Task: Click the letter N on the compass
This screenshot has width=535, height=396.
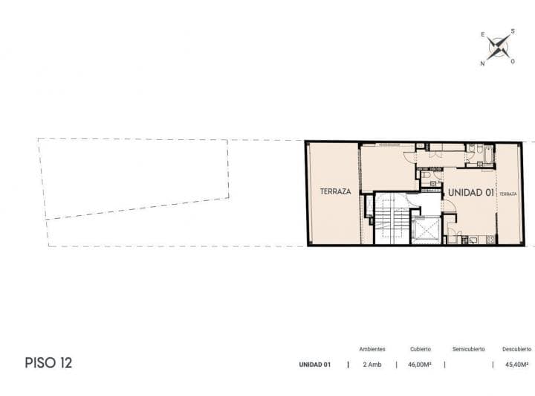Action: tap(482, 63)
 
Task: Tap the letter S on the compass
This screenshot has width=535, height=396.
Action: tap(513, 31)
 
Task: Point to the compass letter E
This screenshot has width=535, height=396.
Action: tap(483, 34)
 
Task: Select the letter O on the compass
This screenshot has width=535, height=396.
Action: tap(513, 62)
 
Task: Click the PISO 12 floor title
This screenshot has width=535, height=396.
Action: tap(48, 363)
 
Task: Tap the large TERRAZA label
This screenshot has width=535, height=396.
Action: tap(335, 191)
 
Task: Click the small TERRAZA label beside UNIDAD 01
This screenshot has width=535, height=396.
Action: tap(508, 194)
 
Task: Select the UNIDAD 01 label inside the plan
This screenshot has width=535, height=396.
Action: tap(471, 193)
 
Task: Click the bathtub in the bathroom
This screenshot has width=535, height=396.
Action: tap(489, 155)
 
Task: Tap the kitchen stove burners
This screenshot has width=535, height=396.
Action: tap(490, 240)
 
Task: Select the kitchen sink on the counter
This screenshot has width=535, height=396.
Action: tap(474, 240)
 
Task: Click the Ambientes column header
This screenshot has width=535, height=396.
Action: tap(372, 349)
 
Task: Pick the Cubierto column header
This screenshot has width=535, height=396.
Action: tap(421, 349)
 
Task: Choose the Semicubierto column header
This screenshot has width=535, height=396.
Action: tap(468, 349)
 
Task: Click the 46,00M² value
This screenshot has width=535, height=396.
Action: tap(420, 365)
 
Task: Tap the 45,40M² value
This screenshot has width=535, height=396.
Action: tap(516, 365)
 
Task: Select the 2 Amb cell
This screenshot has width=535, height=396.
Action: tap(372, 365)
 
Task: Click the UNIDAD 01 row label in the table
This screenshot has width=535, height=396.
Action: tap(314, 365)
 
